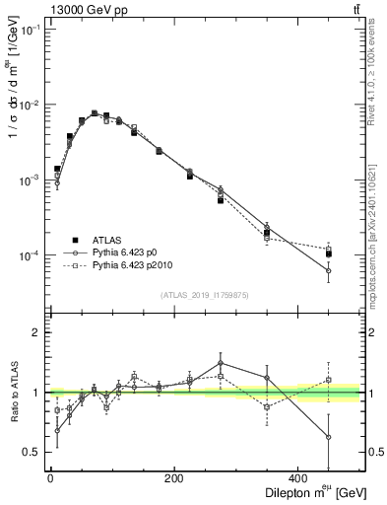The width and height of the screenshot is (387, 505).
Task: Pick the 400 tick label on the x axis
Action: click(x=299, y=477)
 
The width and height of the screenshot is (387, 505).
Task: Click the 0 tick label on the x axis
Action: click(x=50, y=477)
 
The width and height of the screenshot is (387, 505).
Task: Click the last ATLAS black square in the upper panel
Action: click(x=329, y=253)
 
